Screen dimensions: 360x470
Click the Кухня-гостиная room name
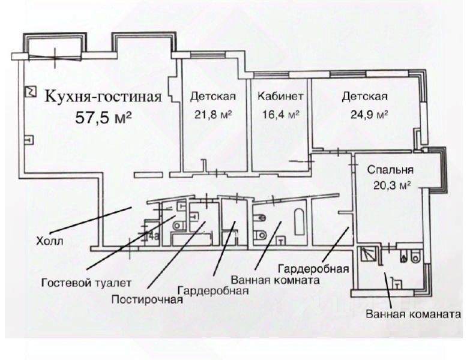point(104,96)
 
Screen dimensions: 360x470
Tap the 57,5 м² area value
point(104,116)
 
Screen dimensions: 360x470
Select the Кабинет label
point(280,97)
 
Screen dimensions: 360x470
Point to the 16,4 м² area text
point(280,115)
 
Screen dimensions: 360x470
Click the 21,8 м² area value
point(212,115)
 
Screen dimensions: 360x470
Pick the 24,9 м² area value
point(365,115)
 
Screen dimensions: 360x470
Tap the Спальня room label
point(391,170)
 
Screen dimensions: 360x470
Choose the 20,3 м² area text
point(391,185)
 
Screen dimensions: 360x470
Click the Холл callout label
point(49,242)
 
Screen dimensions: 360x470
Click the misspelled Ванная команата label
point(414,314)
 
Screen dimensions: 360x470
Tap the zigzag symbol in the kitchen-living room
point(28,92)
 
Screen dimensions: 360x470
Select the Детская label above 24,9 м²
point(364,97)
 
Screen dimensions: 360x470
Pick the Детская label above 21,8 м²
point(212,97)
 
